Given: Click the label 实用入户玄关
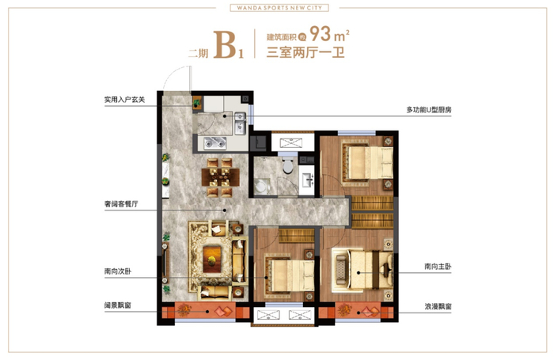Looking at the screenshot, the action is coord(124,100).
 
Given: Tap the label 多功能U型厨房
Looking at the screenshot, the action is coord(429,110).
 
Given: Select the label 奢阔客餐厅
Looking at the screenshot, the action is coord(121,204).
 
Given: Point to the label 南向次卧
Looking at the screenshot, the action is coord(118,271).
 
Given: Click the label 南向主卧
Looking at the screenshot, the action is coord(438,267).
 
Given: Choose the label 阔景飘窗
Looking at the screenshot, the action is coord(118,305).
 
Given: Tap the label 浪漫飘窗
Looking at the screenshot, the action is coord(438,307).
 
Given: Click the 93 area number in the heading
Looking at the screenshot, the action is coord(320,34).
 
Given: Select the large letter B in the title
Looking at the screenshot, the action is coord(225,44).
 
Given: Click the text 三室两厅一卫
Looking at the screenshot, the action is coord(305,53).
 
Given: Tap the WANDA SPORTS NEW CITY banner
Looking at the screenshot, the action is coord(279,8).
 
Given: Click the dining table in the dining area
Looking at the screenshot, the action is coord(221,176).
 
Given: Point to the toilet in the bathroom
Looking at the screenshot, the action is coord(288,165).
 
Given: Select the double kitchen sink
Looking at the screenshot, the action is coord(240,123).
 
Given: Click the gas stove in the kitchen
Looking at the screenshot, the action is coord(215,143).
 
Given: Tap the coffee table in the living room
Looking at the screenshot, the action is coord(212,260).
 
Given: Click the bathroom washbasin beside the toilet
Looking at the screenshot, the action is coord(307,180).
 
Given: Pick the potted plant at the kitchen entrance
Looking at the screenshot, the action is coord(197,103).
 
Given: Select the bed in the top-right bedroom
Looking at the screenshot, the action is coord(368,162).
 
